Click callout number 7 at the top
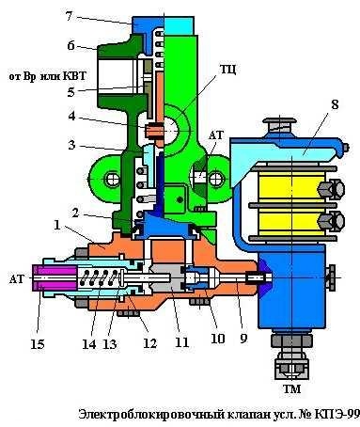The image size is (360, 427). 70,16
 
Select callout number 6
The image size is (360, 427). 70,46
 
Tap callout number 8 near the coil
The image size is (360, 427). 335,105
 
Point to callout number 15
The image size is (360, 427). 38,344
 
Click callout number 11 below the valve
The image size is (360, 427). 182,341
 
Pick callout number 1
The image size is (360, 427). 57,225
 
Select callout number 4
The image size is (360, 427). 71,116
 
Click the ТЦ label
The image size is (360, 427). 227,69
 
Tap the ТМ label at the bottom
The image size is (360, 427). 291,389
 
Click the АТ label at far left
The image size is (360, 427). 16,278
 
